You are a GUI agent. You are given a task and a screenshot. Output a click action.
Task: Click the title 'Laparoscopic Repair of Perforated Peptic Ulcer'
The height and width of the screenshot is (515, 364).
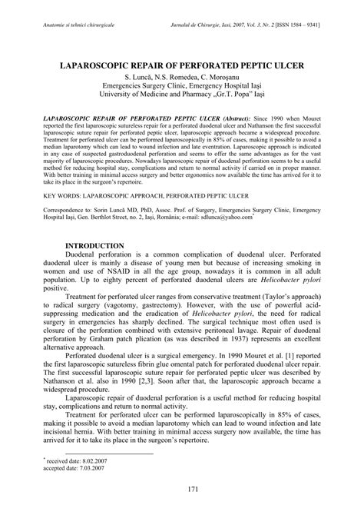(x=182, y=68)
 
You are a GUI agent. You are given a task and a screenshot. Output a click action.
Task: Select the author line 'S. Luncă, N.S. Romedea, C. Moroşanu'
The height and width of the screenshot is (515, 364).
(x=182, y=79)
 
